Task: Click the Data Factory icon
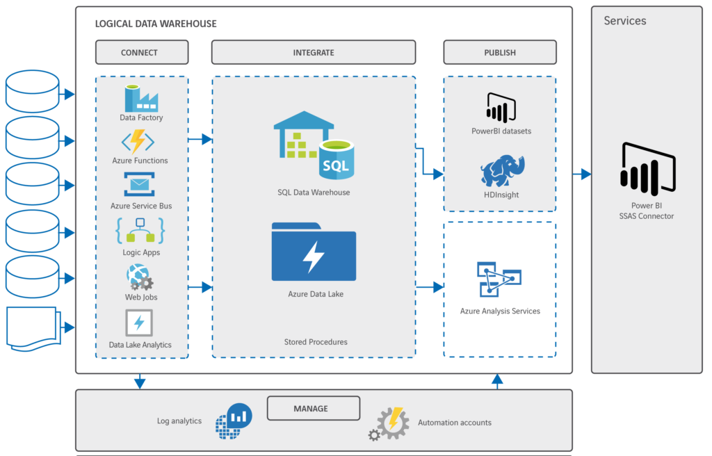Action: pos(141,98)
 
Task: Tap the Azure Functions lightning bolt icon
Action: pos(138,142)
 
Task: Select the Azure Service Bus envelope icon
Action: pos(140,186)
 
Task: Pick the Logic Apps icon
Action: pos(140,231)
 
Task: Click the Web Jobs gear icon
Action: pos(140,278)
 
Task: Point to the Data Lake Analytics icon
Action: pos(139,323)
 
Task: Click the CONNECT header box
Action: pos(141,52)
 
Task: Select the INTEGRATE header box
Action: pos(313,52)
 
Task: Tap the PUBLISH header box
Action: pos(499,52)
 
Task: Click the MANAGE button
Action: pos(313,408)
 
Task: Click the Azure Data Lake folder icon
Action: pos(314,252)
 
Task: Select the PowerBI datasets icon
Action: pos(501,108)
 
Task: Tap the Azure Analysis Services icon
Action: pos(499,279)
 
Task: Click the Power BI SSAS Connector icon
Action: pos(647,168)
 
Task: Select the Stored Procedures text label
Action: pos(316,342)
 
